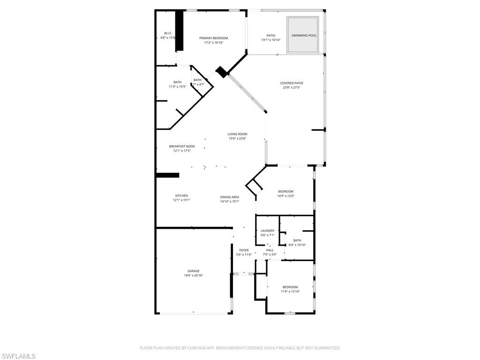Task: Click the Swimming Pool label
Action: click(304, 36)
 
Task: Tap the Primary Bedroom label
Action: click(213, 38)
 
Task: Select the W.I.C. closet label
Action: click(168, 33)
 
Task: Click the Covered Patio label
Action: click(292, 83)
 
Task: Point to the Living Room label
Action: click(238, 134)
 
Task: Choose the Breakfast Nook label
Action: click(182, 146)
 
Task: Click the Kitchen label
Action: click(181, 195)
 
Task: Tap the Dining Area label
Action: click(230, 197)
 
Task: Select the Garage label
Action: click(194, 271)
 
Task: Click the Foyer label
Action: click(244, 250)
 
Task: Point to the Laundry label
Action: click(268, 231)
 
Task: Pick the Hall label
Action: click(270, 250)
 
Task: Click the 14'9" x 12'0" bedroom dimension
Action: click(285, 196)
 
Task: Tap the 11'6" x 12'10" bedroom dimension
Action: click(290, 292)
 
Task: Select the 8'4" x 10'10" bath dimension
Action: click(297, 245)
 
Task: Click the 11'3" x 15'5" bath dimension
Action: click(177, 87)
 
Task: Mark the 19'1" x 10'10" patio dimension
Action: click(271, 40)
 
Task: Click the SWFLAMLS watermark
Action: click(18, 356)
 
